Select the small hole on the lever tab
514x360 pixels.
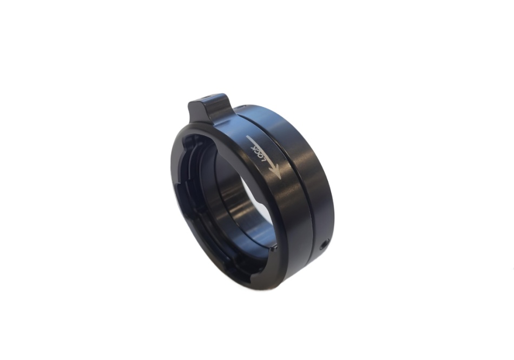pyautogui.click(x=207, y=97)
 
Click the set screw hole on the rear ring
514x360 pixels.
pyautogui.click(x=324, y=244)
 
